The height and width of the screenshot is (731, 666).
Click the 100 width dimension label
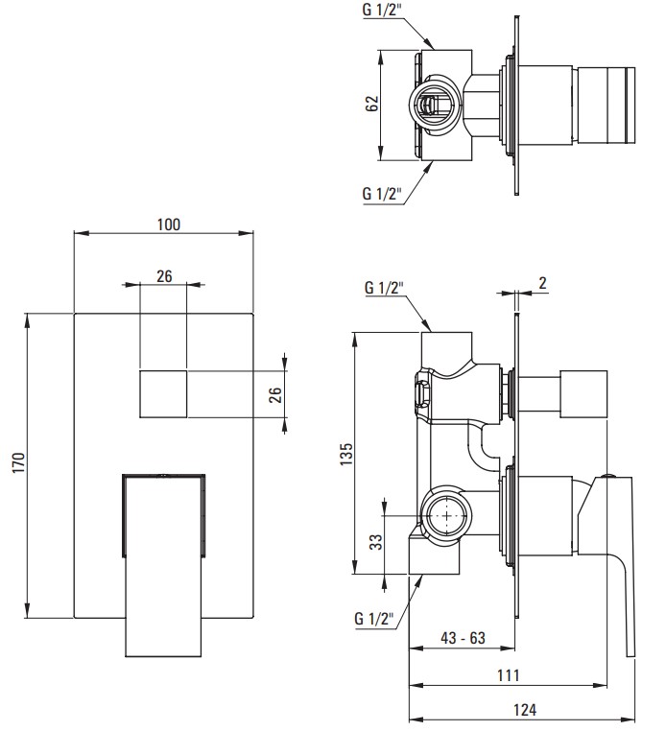pyautogui.click(x=168, y=224)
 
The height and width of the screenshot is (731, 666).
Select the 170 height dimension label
pyautogui.click(x=18, y=463)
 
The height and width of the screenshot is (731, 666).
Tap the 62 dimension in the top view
pyautogui.click(x=371, y=104)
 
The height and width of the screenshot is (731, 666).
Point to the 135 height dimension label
pyautogui.click(x=346, y=454)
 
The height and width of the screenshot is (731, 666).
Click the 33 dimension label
pyautogui.click(x=376, y=542)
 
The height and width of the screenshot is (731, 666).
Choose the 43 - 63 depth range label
pyautogui.click(x=463, y=638)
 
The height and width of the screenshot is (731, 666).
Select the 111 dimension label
pyautogui.click(x=508, y=675)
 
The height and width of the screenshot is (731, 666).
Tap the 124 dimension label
pyautogui.click(x=525, y=710)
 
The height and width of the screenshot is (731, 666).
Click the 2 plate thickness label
pyautogui.click(x=542, y=283)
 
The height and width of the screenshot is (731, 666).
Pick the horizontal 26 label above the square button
pyautogui.click(x=164, y=276)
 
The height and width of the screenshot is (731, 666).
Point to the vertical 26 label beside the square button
pyautogui.click(x=275, y=394)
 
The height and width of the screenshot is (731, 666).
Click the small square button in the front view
pyautogui.click(x=164, y=394)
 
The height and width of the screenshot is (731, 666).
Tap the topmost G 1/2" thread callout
pyautogui.click(x=382, y=11)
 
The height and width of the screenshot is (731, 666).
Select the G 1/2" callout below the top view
pyautogui.click(x=382, y=193)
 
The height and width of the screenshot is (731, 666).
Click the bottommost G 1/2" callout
pyautogui.click(x=374, y=619)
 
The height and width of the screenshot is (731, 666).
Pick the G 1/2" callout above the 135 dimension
pyautogui.click(x=384, y=287)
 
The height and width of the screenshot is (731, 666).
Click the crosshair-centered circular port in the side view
pyautogui.click(x=447, y=515)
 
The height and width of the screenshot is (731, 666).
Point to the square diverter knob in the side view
pyautogui.click(x=583, y=394)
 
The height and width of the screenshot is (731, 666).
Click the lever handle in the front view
pyautogui.click(x=163, y=565)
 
